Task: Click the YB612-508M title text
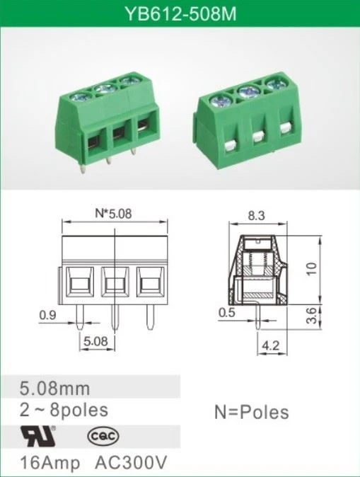click(180, 13)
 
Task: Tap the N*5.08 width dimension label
click(113, 214)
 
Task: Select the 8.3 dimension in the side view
click(256, 216)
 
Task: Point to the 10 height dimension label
click(312, 268)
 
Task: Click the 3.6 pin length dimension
click(312, 316)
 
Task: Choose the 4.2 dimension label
click(270, 345)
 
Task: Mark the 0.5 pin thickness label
click(227, 312)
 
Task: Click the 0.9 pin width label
click(47, 315)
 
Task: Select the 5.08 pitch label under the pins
click(95, 341)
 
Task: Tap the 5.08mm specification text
click(55, 389)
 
